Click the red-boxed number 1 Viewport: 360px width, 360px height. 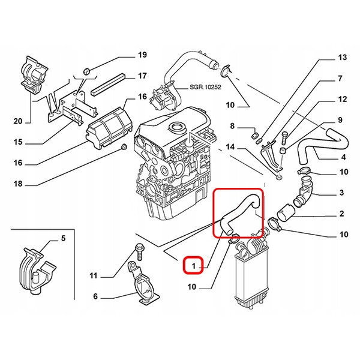point(194,264)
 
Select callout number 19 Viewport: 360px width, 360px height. point(142,56)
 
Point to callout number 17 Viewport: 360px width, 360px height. point(142,76)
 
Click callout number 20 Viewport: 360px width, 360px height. point(17,121)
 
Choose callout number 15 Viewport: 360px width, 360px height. point(17,142)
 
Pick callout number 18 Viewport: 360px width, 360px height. point(17,185)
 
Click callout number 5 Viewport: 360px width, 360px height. point(62,240)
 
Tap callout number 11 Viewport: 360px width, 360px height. point(93,276)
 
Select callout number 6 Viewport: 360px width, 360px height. point(95,296)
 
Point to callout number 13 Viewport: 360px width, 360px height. point(342,58)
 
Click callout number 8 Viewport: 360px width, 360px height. point(235,127)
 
